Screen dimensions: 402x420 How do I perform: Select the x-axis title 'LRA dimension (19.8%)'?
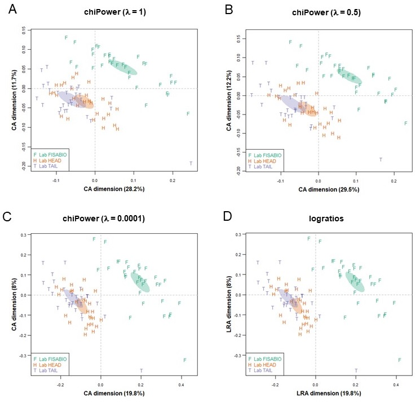pos(315,392)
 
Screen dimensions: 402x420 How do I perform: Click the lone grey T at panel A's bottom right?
pos(191,164)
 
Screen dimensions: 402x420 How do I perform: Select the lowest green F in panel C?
pos(184,360)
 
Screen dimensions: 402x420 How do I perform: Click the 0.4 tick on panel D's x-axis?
pos(396,383)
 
